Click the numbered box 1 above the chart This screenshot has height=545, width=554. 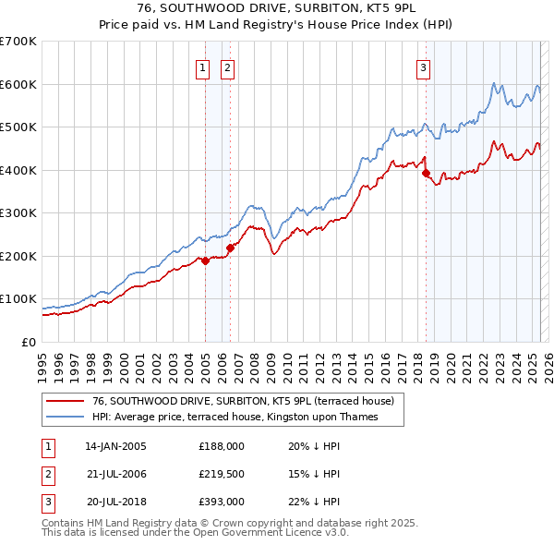201,66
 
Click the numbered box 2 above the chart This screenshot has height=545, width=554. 227,66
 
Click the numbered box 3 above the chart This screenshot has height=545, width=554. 423,66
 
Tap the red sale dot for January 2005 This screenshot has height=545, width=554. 205,260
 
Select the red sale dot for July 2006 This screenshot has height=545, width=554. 230,247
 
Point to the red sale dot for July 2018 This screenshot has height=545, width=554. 426,173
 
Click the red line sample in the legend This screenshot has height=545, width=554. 66,401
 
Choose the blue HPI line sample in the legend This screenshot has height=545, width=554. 66,417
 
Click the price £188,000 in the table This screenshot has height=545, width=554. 222,445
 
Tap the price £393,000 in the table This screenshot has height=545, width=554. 222,503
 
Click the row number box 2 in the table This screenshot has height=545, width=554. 47,474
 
